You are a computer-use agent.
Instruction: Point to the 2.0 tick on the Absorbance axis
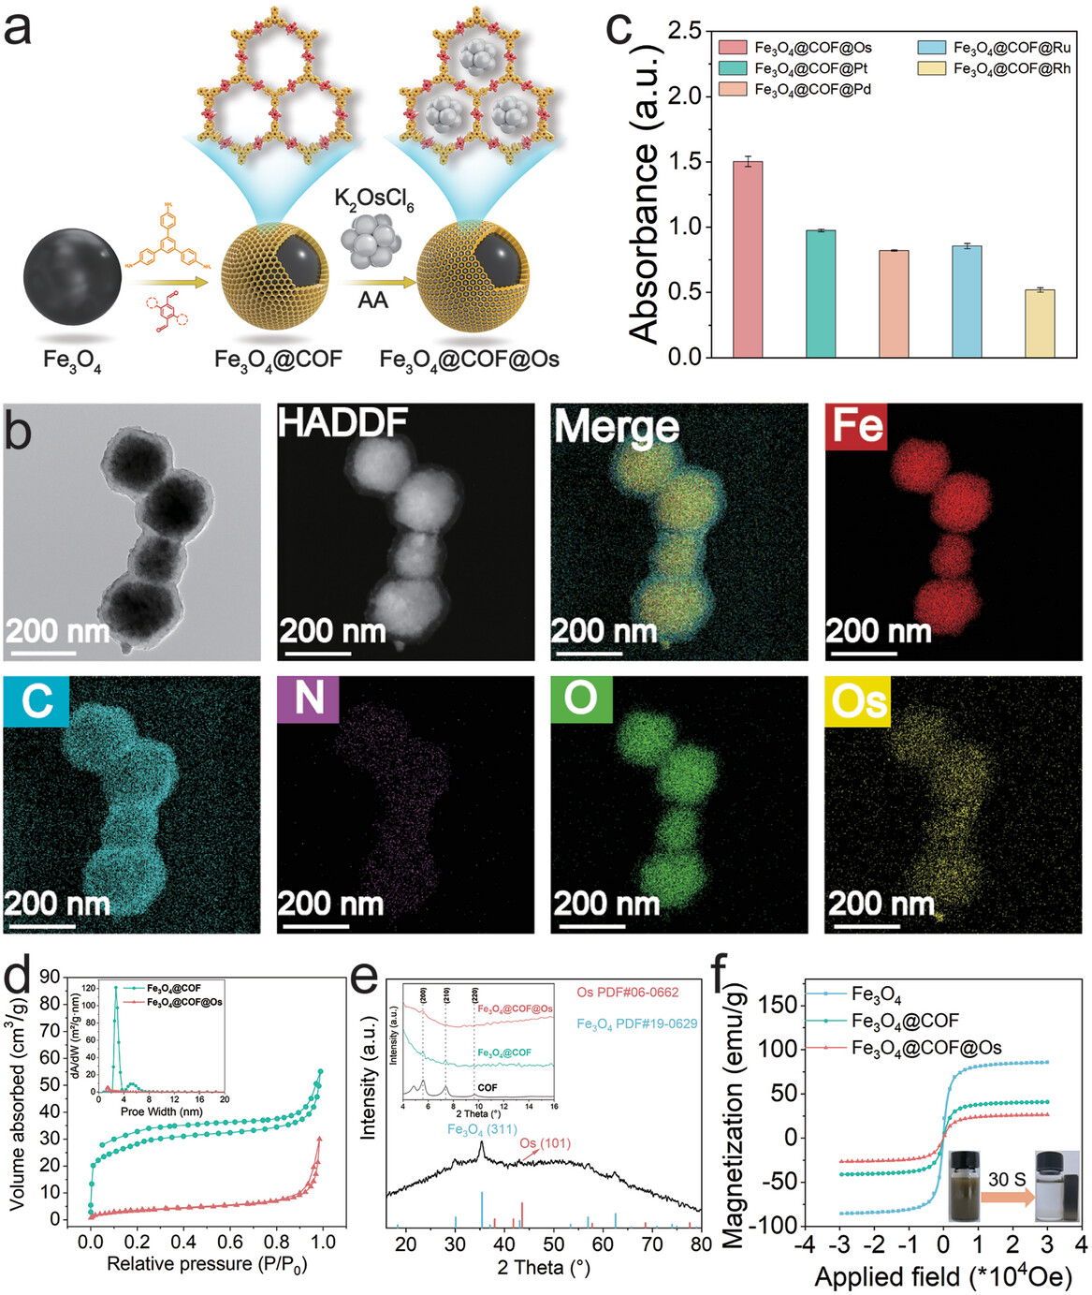[687, 96]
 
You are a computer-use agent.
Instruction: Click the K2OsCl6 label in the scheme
[373, 199]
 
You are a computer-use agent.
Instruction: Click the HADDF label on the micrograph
[342, 424]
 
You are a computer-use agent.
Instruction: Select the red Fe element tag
[855, 426]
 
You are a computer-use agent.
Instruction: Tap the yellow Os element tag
[857, 701]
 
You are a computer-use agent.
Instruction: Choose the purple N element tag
[309, 699]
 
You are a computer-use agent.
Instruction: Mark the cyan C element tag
[36, 700]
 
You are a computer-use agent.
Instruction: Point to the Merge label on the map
[617, 427]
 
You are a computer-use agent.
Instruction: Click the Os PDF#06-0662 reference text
[627, 993]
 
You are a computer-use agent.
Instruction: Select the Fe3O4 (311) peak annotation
[482, 1130]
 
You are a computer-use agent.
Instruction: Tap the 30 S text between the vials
[1007, 1179]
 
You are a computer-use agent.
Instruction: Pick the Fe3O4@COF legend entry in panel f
[905, 1021]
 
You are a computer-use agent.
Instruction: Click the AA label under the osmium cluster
[372, 301]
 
